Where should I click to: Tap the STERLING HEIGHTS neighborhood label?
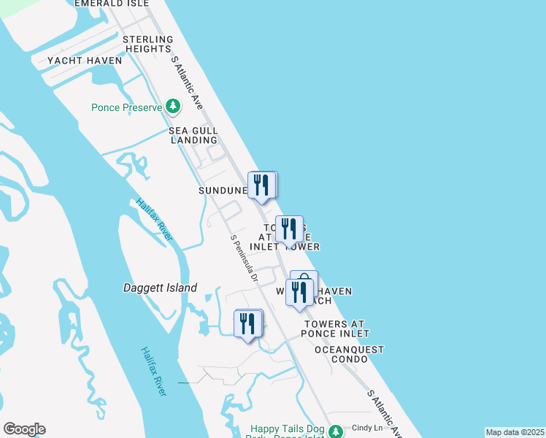[x=147, y=44]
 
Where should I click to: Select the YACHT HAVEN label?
[x=84, y=61]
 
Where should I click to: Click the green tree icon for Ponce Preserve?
[x=173, y=107]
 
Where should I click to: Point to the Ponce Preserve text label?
[x=126, y=107]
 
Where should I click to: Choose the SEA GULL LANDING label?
[x=193, y=135]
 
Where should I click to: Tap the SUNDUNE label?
[x=222, y=191]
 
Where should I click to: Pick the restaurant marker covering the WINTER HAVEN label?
[x=301, y=292]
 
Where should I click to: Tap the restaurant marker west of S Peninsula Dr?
[x=248, y=323]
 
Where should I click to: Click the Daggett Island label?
[x=160, y=288]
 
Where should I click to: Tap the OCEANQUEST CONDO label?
[x=349, y=354]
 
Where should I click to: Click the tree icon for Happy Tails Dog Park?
[x=336, y=431]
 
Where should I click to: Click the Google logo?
[x=24, y=429]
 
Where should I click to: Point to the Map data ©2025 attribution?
[x=515, y=432]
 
